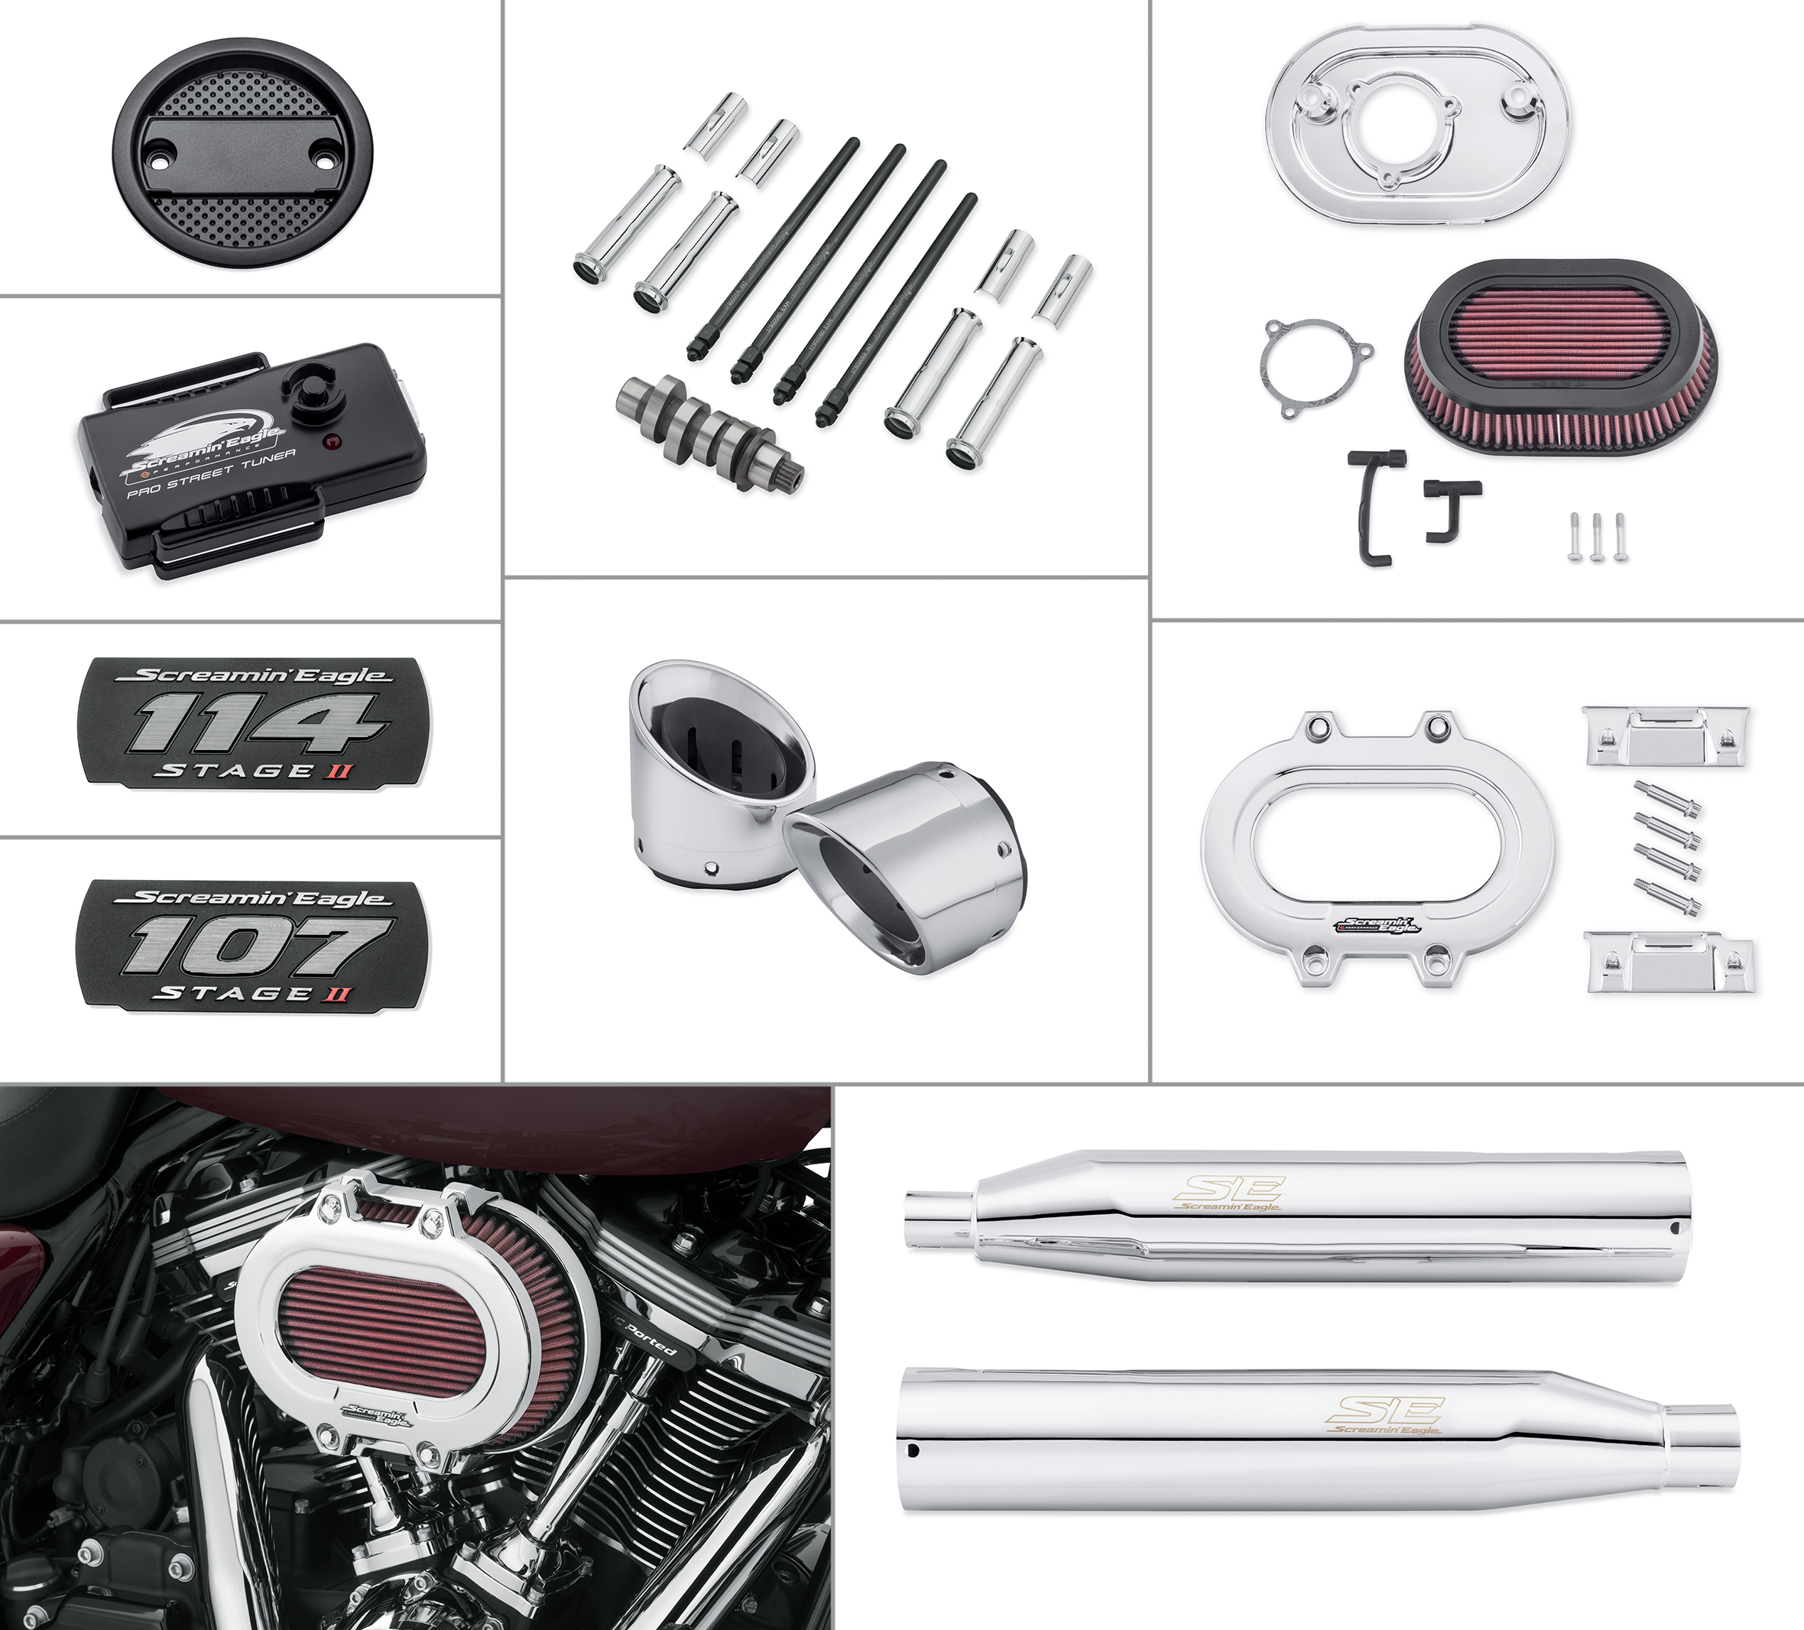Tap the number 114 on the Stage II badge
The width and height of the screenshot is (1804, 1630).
257,723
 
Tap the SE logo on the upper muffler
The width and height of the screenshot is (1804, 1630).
1231,1190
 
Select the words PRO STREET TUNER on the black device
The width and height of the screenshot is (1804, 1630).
211,475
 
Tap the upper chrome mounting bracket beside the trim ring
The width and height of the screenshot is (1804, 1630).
1666,735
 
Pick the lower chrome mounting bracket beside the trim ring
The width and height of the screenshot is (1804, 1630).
1669,960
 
